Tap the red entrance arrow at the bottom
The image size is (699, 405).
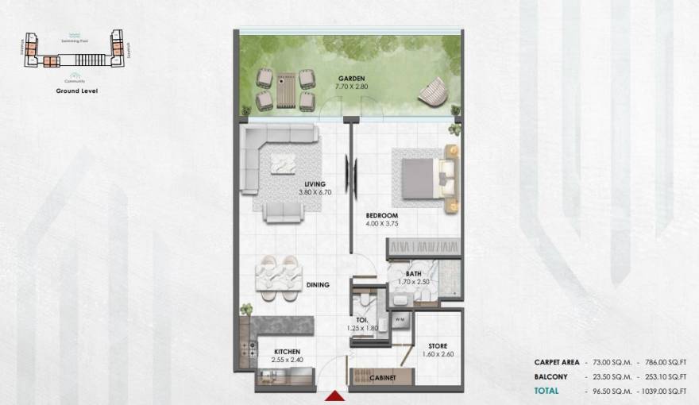pos(333,394)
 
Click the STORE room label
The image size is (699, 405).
pos(438,345)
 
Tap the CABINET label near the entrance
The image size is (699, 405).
pos(382,378)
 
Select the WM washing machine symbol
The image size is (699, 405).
pos(400,319)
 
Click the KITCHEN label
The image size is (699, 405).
pos(287,351)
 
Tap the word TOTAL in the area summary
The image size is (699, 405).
pos(546,391)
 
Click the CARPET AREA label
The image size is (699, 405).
pos(556,361)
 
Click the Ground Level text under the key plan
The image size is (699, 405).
pos(77,91)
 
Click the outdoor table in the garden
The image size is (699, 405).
pos(285,89)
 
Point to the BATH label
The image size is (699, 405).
pos(413,274)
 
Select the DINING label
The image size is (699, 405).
pos(318,284)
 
